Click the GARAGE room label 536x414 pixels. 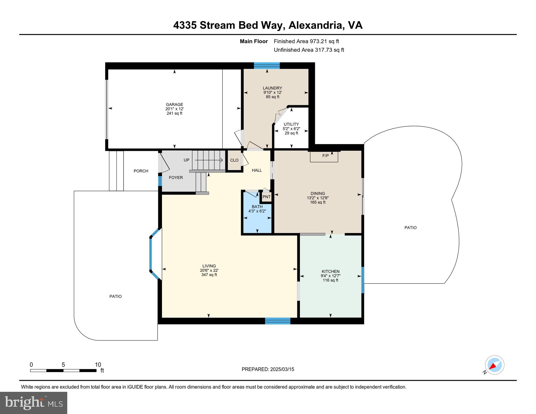[x=174, y=104]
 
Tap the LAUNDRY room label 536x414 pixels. [x=272, y=88]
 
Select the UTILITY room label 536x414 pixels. [x=291, y=124]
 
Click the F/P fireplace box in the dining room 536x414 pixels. [x=324, y=156]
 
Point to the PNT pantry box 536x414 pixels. [x=266, y=197]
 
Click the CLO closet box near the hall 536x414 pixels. [x=234, y=160]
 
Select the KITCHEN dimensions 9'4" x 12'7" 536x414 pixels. [x=330, y=276]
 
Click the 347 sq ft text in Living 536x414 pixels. [x=209, y=275]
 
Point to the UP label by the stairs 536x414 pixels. [x=186, y=160]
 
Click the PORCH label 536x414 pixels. [x=141, y=171]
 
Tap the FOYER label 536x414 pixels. [x=176, y=178]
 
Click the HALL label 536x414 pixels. [x=257, y=170]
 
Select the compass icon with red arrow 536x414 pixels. [x=494, y=365]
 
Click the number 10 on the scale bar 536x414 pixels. [x=98, y=365]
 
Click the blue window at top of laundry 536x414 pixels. [x=267, y=65]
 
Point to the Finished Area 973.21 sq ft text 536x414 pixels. [x=306, y=41]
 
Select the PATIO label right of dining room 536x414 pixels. [x=410, y=228]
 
